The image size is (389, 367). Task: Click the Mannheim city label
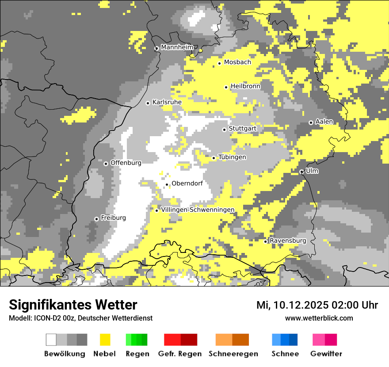tap(177, 47)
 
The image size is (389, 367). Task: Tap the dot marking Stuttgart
tap(225, 130)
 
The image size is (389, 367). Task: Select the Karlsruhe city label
tap(167, 102)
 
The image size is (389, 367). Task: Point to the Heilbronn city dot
tap(226, 87)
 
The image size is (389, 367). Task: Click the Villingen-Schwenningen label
tap(198, 210)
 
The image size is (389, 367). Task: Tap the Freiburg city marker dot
tap(96, 219)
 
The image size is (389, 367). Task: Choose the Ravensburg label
tap(288, 241)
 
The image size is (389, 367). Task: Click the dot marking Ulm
tap(301, 172)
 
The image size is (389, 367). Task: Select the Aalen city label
tap(324, 122)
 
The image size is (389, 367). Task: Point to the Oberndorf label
tap(187, 183)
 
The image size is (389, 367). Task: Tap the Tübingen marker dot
tap(214, 158)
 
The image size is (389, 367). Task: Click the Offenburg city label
tap(126, 163)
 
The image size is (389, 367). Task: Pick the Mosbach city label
tap(237, 62)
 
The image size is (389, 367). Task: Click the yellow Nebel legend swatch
tap(105, 340)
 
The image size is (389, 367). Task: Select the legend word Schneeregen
tap(233, 354)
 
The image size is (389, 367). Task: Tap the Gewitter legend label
tap(326, 354)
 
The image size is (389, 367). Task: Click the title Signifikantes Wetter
tap(73, 305)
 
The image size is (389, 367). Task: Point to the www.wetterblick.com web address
tap(319, 318)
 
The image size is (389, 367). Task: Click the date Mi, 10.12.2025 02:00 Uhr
tap(317, 305)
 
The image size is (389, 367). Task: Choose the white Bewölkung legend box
tap(51, 340)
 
